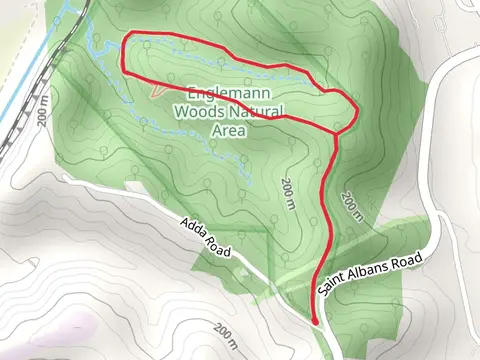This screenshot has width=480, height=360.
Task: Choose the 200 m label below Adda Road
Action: pos(225,331)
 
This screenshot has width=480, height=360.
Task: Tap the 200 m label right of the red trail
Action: pos(350,205)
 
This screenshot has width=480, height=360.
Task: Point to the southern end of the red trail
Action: pos(316,322)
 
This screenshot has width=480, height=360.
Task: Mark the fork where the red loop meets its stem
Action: pos(337,133)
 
